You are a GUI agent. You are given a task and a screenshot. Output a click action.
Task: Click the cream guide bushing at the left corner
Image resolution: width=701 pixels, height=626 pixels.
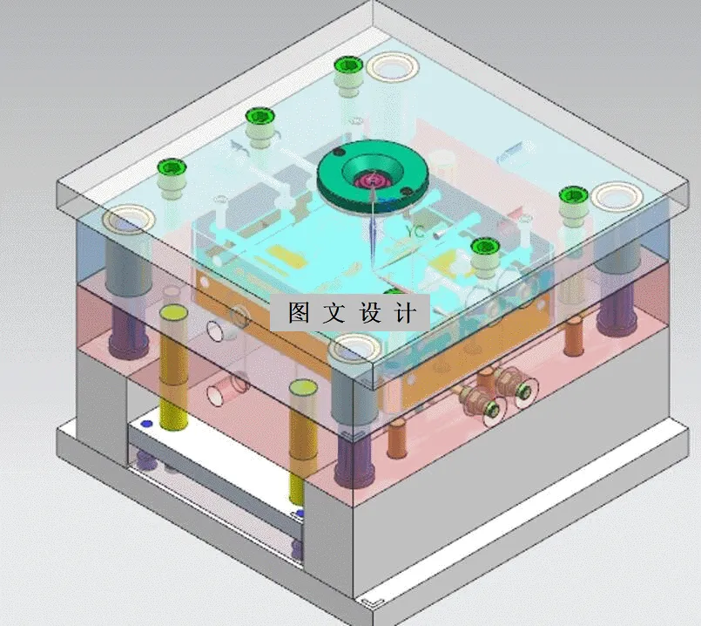[x=128, y=219]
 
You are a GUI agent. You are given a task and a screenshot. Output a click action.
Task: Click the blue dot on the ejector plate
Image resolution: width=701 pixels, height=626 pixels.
[x=146, y=425]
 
